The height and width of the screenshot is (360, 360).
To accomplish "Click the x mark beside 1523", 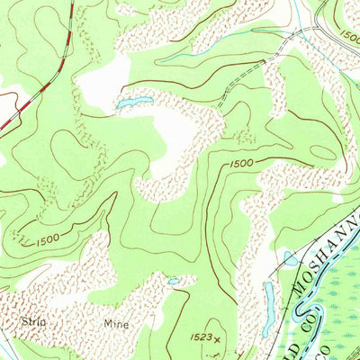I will (216, 340).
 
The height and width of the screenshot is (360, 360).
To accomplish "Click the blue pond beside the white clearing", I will (132, 103).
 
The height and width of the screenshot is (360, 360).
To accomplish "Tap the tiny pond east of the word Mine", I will (174, 281).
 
